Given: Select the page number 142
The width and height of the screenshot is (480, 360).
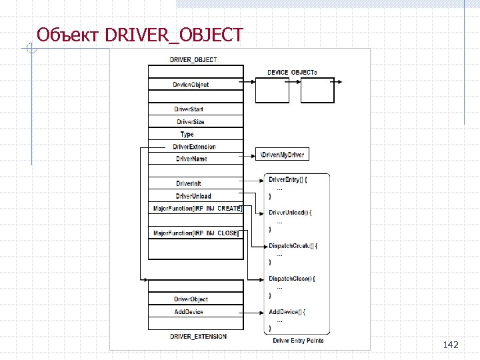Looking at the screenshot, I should click(x=451, y=345).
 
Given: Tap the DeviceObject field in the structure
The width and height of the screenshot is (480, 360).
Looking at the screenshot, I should click(x=191, y=85).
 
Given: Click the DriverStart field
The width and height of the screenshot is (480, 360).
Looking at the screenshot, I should click(x=189, y=109).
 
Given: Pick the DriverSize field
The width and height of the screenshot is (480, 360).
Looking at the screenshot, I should click(x=191, y=122).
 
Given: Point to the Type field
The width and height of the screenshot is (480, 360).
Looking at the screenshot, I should click(x=187, y=135).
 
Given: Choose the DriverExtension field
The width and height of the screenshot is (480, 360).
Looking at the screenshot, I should click(x=195, y=147).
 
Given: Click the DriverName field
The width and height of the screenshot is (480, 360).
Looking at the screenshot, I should click(x=191, y=159).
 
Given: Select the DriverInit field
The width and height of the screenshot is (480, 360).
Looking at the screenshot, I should click(x=189, y=183).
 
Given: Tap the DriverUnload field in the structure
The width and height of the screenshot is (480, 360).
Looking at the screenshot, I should click(x=193, y=196).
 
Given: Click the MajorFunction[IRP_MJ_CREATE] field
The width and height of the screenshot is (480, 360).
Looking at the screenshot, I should click(x=197, y=209).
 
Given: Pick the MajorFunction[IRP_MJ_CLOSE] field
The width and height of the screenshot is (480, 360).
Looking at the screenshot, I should click(x=196, y=233).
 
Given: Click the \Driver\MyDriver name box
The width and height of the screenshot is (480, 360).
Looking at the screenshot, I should click(x=282, y=155).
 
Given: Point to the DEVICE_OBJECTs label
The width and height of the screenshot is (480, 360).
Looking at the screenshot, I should click(x=293, y=72).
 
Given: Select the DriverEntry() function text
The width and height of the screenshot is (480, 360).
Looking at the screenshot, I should click(x=288, y=180).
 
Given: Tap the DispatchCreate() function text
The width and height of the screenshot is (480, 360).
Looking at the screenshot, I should click(x=293, y=245).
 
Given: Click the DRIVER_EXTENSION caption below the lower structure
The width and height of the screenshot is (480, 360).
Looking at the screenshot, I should click(x=199, y=337).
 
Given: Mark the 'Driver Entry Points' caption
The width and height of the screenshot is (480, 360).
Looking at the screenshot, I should click(x=298, y=341).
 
